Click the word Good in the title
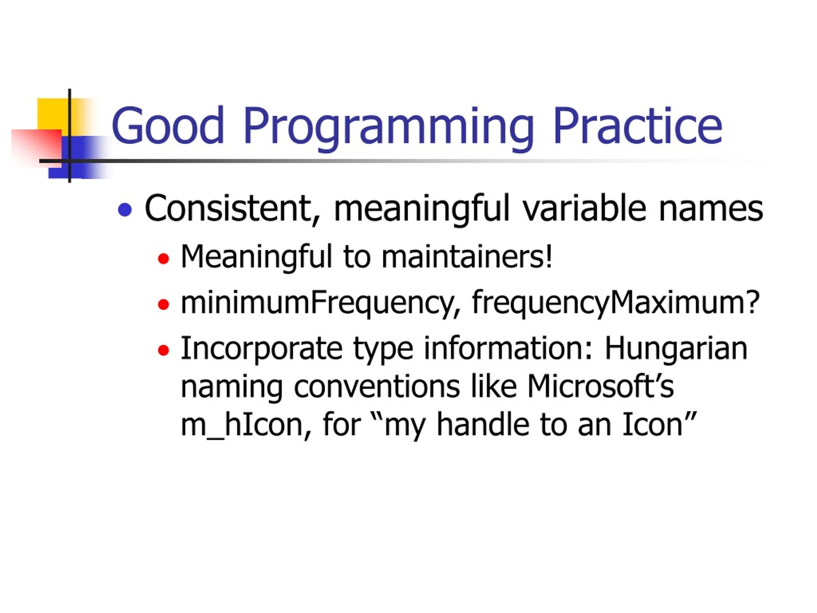pyautogui.click(x=168, y=125)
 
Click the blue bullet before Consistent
pyautogui.click(x=125, y=209)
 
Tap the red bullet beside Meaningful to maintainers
pyautogui.click(x=163, y=259)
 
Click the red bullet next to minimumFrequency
pyautogui.click(x=163, y=305)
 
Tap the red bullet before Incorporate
pyautogui.click(x=163, y=350)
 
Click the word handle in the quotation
pyautogui.click(x=482, y=425)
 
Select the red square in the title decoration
pyautogui.click(x=36, y=148)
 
